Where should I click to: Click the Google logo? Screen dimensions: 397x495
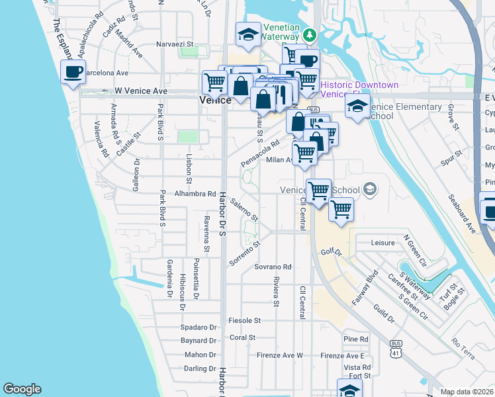coord(22,389)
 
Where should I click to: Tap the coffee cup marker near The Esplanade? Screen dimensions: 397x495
coord(73,71)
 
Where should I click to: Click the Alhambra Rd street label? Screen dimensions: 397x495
coord(195,195)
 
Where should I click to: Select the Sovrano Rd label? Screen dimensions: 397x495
coord(273,267)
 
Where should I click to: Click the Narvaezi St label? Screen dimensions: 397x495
coord(174,44)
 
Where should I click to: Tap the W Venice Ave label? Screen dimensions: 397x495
coord(140,91)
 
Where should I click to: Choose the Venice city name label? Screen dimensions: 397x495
coord(215,100)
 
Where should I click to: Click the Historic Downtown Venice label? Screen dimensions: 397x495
coord(359,90)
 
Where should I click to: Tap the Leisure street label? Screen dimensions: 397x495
coord(382,243)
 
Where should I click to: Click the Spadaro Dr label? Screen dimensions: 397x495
coord(199,328)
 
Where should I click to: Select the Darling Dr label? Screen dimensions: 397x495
coord(200,369)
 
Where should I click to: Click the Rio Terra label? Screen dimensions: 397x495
coord(463,343)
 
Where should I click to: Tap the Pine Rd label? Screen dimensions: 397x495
coord(356,339)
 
